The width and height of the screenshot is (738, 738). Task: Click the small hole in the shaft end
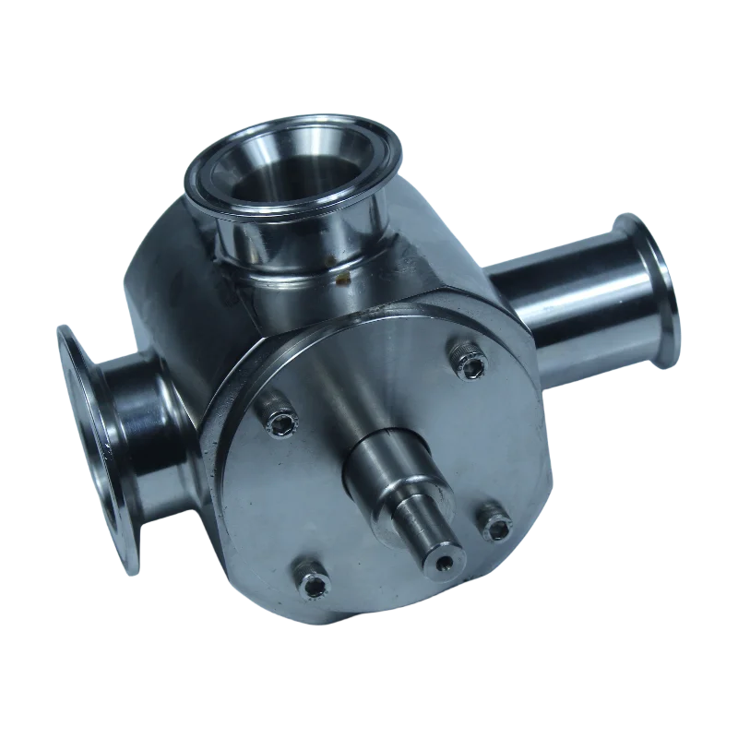pyautogui.click(x=446, y=562)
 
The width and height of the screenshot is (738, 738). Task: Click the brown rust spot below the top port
pyautogui.click(x=343, y=273)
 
